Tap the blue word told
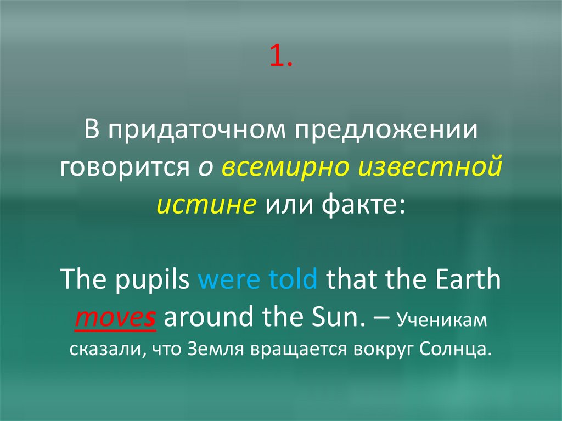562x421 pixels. click(x=293, y=279)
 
